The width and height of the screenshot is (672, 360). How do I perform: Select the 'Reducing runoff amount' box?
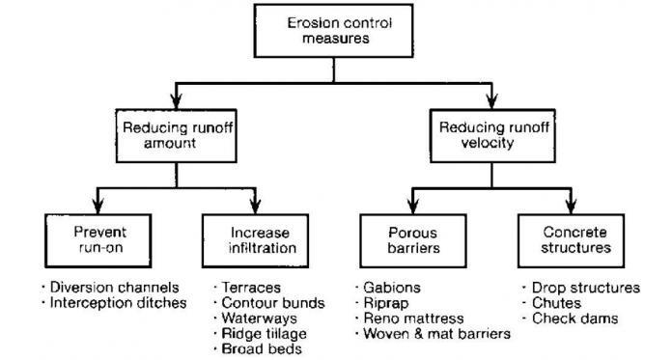[x=173, y=134]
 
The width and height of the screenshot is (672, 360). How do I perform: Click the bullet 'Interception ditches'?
[x=101, y=304]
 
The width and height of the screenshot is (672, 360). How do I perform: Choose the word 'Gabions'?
[x=392, y=289]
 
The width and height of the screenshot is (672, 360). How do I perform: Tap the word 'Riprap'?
[x=388, y=303]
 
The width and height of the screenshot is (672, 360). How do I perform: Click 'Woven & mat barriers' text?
[x=436, y=334]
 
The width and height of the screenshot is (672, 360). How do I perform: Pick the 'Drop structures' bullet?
[x=585, y=289]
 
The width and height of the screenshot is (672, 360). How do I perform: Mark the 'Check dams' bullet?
[x=571, y=319]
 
